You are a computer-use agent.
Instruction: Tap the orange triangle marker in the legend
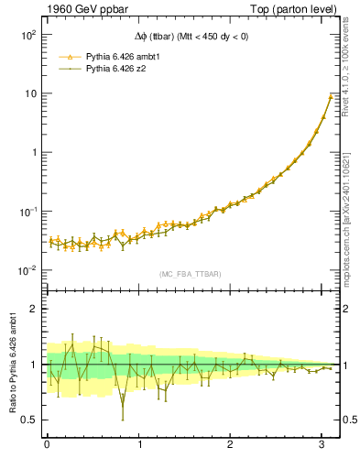71,56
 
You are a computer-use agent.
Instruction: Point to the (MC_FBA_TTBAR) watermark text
191,274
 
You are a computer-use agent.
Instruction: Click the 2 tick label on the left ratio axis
32,310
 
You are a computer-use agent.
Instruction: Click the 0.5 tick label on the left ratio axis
28,420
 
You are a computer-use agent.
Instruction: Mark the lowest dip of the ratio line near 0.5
123,419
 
